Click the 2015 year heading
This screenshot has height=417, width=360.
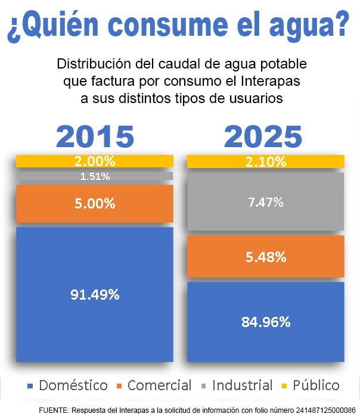pyautogui.click(x=95, y=136)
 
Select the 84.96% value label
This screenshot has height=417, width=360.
pyautogui.click(x=266, y=322)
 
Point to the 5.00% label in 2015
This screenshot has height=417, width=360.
pyautogui.click(x=95, y=204)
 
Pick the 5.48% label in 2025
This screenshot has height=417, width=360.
pyautogui.click(x=266, y=257)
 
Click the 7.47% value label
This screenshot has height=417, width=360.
pyautogui.click(x=266, y=202)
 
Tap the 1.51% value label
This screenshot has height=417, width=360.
pyautogui.click(x=95, y=176)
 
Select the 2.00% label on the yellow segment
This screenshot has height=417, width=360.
pyautogui.click(x=95, y=161)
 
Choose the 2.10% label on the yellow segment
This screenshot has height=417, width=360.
pyautogui.click(x=266, y=161)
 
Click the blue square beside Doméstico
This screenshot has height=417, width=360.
pyautogui.click(x=30, y=386)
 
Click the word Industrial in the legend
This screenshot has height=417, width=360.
pyautogui.click(x=242, y=385)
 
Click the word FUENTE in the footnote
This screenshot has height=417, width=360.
pyautogui.click(x=57, y=410)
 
